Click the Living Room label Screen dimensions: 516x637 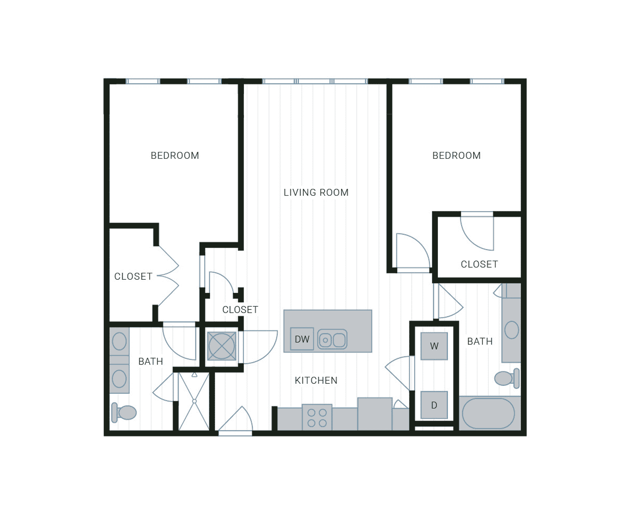[316, 192]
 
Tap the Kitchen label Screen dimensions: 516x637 [316, 380]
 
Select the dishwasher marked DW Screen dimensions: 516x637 [302, 339]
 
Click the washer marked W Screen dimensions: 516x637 [434, 346]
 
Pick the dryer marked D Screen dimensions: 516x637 [434, 405]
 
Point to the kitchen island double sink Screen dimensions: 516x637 [332, 340]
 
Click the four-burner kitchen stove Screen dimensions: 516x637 [317, 418]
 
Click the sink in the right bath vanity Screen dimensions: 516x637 [511, 330]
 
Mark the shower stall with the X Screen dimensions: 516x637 [194, 401]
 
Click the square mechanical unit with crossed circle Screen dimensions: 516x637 [221, 346]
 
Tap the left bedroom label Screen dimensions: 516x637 [175, 156]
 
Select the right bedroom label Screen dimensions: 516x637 [456, 156]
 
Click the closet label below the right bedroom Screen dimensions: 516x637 [479, 264]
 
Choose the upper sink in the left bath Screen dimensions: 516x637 [120, 342]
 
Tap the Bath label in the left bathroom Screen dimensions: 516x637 [150, 361]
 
